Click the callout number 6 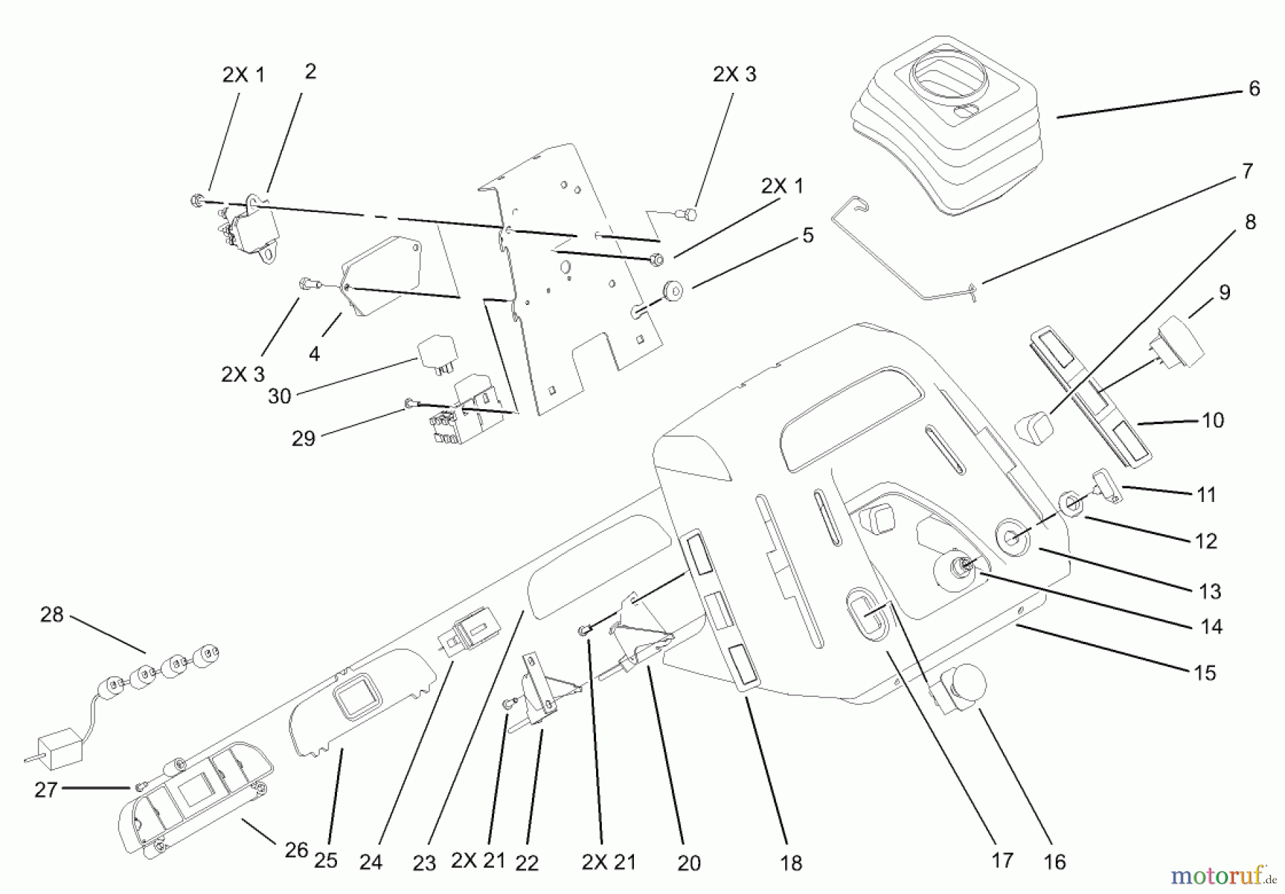click(x=1254, y=89)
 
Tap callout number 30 click(x=279, y=396)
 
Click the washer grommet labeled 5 click(x=672, y=291)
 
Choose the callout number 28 click(x=51, y=614)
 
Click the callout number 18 click(x=791, y=863)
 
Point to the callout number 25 click(x=326, y=860)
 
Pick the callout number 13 click(x=1210, y=591)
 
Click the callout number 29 click(x=303, y=438)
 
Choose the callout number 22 click(x=527, y=863)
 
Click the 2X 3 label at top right click(x=735, y=74)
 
